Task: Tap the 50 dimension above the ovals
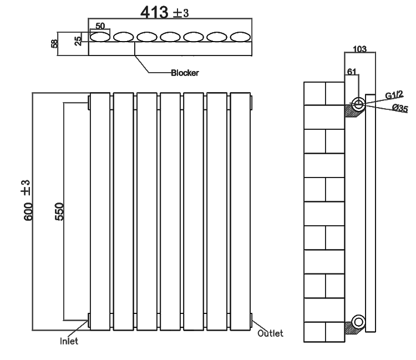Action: [x=100, y=26]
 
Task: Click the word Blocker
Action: [x=185, y=73]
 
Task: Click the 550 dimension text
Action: [x=59, y=211]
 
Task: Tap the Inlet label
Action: [x=69, y=341]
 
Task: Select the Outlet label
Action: [x=270, y=333]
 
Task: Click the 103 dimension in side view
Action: [x=359, y=49]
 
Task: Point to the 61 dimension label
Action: [x=351, y=72]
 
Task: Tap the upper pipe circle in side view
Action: [x=358, y=103]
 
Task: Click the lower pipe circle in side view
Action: [x=358, y=321]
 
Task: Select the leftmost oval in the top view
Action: [x=100, y=37]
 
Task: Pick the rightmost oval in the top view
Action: [x=240, y=37]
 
